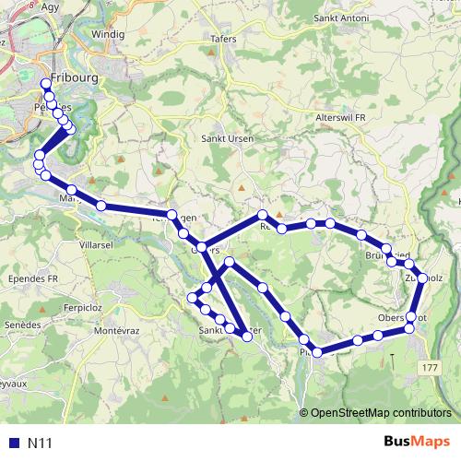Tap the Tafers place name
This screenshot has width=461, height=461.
pyautogui.click(x=223, y=39)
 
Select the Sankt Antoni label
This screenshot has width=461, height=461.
pyautogui.click(x=341, y=18)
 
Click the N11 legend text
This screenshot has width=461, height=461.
pyautogui.click(x=40, y=443)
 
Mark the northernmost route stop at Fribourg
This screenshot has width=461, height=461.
pyautogui.click(x=45, y=85)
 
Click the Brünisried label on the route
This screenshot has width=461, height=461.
pyautogui.click(x=385, y=254)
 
